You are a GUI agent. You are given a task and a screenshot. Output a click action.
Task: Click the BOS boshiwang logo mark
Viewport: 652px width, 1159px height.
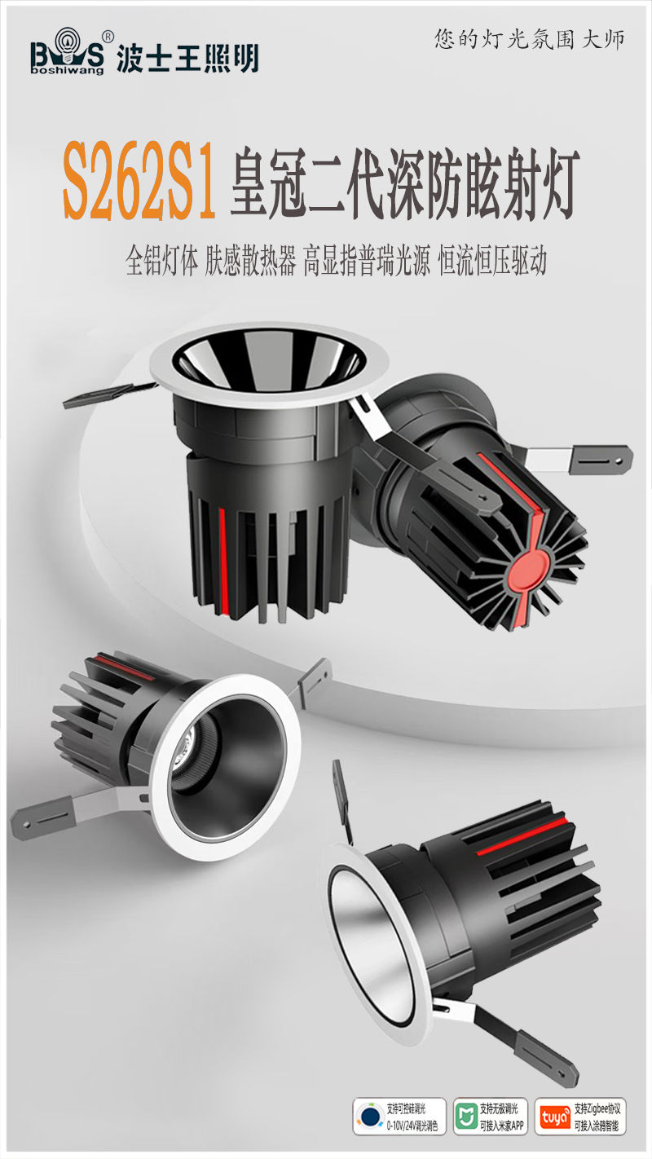click(68, 55)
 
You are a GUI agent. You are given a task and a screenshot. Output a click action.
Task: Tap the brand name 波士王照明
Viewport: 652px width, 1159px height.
click(188, 57)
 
